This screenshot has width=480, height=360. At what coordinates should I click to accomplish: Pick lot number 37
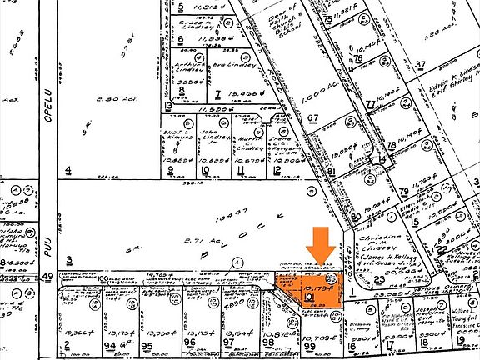coord(421,64)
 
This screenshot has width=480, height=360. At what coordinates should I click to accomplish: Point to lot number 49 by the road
coord(47,276)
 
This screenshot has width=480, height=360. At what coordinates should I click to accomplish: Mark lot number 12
coord(275,171)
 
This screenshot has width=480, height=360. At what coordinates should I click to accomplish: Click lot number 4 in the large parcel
coord(68,171)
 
